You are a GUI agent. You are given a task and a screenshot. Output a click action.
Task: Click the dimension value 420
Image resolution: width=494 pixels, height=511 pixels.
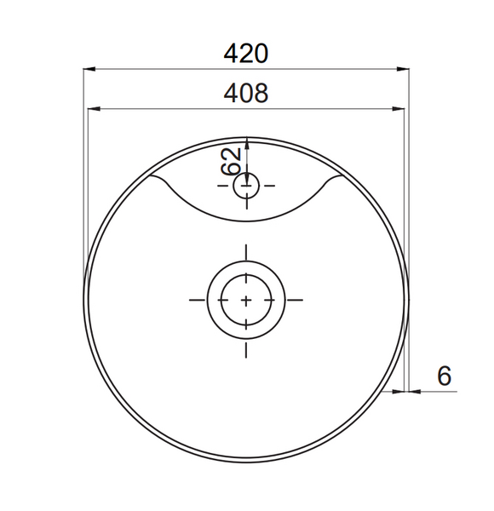[246, 54]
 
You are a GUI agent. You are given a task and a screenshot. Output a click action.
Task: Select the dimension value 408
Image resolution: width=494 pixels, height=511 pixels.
[246, 93]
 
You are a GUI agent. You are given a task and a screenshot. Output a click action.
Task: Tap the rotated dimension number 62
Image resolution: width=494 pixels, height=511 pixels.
[229, 161]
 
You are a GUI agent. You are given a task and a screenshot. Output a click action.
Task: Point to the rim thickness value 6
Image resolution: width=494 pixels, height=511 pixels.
[443, 375]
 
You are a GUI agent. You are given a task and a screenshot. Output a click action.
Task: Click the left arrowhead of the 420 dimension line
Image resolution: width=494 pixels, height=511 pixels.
[89, 69]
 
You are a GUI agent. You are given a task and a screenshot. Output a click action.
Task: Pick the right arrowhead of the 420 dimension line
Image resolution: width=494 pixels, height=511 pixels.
[405, 69]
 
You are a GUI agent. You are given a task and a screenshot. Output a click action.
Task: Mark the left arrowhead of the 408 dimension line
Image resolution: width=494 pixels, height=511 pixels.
[94, 108]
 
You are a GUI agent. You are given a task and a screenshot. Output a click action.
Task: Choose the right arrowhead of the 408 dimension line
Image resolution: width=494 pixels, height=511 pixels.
[399, 108]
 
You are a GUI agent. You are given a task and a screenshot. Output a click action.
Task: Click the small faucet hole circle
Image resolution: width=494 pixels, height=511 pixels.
[246, 185]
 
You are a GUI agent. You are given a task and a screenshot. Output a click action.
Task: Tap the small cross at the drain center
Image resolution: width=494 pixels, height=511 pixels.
[246, 300]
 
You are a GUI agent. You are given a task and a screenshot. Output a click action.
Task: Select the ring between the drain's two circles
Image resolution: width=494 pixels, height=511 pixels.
[214, 300]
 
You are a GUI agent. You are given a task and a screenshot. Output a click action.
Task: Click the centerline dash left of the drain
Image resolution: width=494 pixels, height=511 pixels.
[197, 300]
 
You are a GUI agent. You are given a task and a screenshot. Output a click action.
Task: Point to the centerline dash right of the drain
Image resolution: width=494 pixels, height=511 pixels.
[295, 300]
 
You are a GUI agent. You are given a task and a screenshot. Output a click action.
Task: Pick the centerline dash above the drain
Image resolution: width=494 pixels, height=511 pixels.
[246, 252]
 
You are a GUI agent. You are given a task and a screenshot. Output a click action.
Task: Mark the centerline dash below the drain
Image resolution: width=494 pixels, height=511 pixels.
[246, 348]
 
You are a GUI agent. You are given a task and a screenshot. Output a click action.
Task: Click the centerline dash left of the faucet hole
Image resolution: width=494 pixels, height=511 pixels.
[224, 185]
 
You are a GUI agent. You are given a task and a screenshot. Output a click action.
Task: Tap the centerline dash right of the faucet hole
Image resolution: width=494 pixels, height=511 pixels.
[269, 185]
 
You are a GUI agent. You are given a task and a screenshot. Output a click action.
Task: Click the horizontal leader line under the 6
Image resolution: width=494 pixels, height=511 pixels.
[434, 392]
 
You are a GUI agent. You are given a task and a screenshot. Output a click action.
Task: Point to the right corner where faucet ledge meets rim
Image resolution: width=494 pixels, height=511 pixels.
[337, 177]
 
